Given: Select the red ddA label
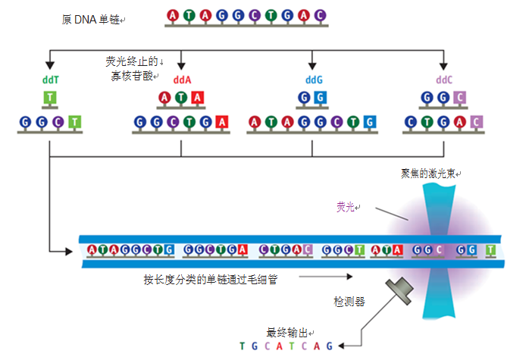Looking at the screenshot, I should click(x=181, y=79).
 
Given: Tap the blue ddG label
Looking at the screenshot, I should click(x=313, y=79).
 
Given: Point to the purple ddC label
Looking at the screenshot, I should click(x=444, y=79).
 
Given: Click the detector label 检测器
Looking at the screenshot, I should click(x=349, y=301).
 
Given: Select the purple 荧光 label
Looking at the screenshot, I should click(x=348, y=207).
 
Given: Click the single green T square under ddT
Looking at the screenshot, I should click(x=49, y=98).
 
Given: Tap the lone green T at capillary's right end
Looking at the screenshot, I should click(x=490, y=249).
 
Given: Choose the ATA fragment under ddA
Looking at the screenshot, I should click(x=181, y=98).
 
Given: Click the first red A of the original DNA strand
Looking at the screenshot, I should click(x=173, y=15).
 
